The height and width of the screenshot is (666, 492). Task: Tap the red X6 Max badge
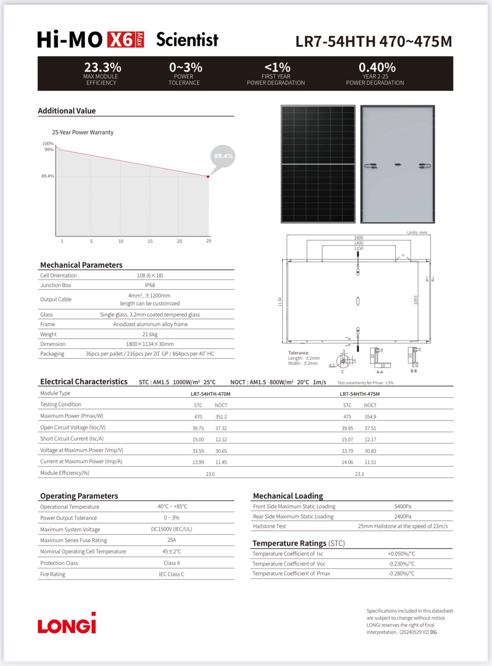pos(125,40)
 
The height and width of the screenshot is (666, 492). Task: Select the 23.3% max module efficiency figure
pos(102,67)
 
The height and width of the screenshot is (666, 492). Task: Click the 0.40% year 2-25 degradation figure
pos(377,67)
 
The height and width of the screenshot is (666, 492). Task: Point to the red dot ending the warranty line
pos(208,177)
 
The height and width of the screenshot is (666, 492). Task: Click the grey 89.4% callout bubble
pos(223,156)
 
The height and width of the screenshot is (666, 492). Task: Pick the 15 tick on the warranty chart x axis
pos(150,241)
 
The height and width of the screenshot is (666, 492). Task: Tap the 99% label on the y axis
pos(49,150)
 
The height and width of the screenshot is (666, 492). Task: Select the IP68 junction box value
pos(150,285)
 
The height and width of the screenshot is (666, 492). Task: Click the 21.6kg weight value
pos(150,334)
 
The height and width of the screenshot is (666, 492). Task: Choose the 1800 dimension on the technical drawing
pos(359,238)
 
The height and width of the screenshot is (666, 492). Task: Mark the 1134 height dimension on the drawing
pos(280,302)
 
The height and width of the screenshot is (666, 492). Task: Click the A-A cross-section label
pos(379,372)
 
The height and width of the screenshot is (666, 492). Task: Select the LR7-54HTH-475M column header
pos(360,394)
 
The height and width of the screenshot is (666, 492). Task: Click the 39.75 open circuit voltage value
pos(198,428)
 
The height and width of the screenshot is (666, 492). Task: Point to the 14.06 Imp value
pos(347,462)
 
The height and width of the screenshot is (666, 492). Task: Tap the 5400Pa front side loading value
pos(403,507)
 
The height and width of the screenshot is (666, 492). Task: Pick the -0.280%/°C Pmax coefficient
pos(401,574)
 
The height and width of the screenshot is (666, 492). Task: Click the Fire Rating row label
pos(53,574)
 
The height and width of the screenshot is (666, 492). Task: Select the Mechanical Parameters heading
pos(81,265)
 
